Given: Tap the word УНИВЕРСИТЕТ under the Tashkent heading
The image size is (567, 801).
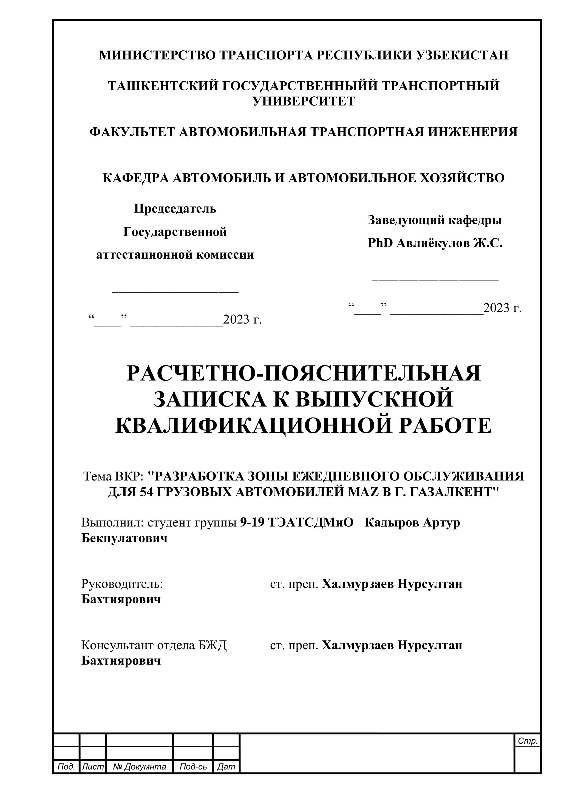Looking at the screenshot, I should pyautogui.click(x=304, y=101).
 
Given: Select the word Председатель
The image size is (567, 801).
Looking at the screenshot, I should pyautogui.click(x=175, y=209).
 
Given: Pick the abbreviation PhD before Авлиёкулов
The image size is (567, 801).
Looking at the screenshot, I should pyautogui.click(x=380, y=243).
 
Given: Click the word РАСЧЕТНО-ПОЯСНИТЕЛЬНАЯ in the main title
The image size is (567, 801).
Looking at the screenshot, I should pyautogui.click(x=304, y=373).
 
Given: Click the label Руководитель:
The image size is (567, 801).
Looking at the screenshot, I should pyautogui.click(x=122, y=584).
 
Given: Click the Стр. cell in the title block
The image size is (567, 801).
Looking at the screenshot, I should pyautogui.click(x=528, y=741).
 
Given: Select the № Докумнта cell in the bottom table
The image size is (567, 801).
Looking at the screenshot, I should pyautogui.click(x=139, y=767).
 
